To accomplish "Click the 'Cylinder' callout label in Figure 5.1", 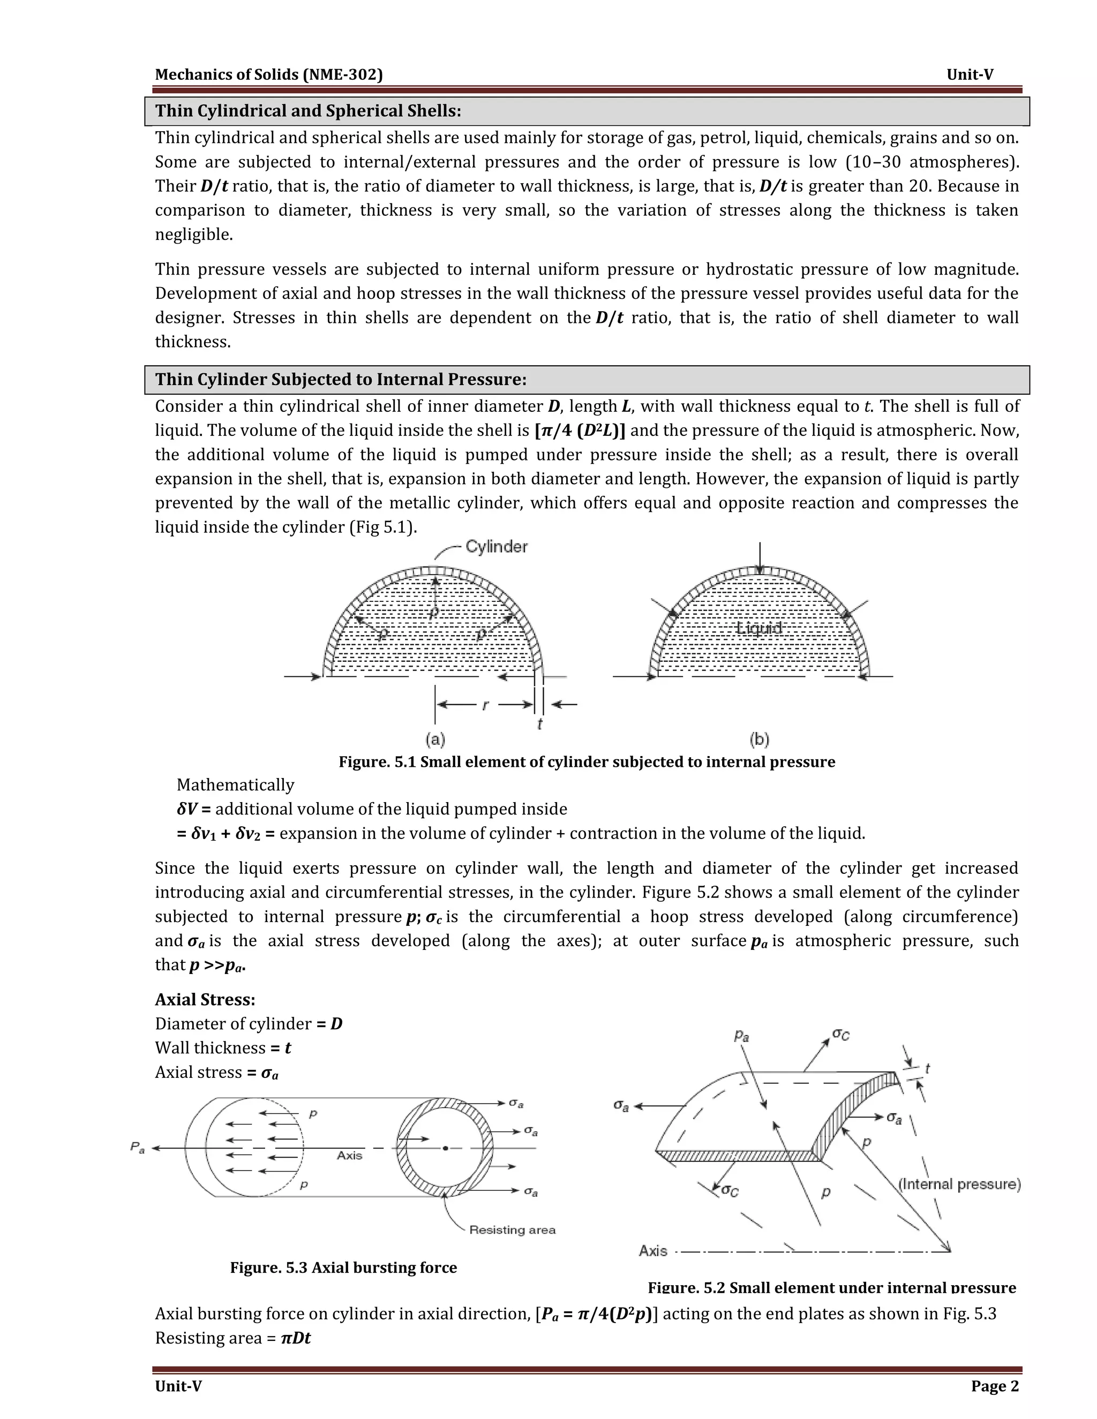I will (x=497, y=547).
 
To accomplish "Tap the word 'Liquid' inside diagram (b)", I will (x=758, y=628).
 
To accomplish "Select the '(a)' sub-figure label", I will (x=435, y=739).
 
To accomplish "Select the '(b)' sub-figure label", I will (x=759, y=739).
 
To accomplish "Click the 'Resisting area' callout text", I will (x=512, y=1230).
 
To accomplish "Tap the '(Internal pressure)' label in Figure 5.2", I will (x=959, y=1184).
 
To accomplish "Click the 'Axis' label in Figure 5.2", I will (x=652, y=1251).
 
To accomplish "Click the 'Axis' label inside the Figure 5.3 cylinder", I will (x=350, y=1155).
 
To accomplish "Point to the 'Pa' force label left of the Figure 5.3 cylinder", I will (x=137, y=1148).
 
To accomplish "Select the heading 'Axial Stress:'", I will (x=205, y=999).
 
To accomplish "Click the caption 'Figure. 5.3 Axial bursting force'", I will (x=343, y=1267).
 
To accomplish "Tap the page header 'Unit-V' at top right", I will (x=970, y=75).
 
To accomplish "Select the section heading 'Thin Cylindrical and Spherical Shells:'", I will (x=308, y=111).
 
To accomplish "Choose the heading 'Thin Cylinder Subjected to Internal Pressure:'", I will (x=341, y=380).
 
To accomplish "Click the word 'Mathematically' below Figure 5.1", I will (x=235, y=785).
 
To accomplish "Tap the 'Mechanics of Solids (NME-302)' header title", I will (x=268, y=75).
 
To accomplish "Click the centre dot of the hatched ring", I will (x=445, y=1148).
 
